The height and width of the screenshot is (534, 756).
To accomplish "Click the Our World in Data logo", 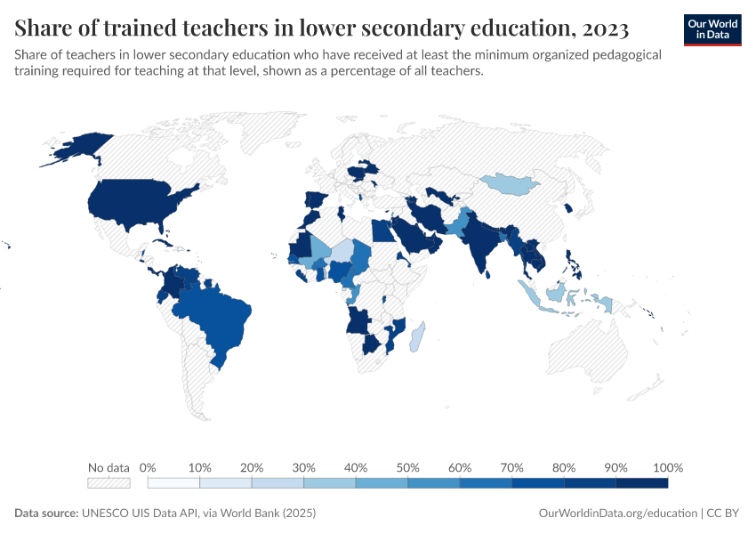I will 712,29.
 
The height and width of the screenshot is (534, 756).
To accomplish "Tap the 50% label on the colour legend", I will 407,468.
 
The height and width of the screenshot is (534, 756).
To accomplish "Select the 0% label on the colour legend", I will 149,468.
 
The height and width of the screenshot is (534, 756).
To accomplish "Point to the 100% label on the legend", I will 667,468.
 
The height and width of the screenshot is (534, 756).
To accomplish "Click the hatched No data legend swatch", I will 109,483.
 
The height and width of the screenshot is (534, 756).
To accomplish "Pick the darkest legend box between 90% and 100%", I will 641,483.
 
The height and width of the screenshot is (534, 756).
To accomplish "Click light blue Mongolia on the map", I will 514,185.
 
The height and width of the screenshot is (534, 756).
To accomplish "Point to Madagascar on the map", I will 417,339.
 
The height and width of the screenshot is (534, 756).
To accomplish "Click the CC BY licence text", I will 725,514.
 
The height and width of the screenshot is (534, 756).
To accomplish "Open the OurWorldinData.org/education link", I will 617,514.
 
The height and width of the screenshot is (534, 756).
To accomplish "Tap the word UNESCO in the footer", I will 106,514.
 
